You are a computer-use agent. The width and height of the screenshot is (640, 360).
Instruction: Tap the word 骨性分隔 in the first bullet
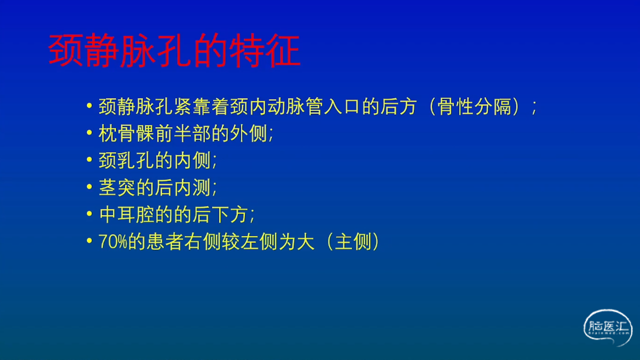[x=474, y=107]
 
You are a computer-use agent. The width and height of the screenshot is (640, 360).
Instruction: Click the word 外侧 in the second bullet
[x=248, y=133]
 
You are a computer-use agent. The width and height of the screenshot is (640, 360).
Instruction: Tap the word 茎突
[x=117, y=187]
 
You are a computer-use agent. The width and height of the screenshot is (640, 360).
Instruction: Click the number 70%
[x=113, y=241]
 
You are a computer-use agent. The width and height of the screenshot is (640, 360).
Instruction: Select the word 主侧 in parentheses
[x=353, y=241]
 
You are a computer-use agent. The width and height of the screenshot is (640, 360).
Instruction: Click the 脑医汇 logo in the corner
[x=607, y=327]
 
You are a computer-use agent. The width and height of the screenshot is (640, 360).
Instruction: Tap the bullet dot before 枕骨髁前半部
[x=89, y=132]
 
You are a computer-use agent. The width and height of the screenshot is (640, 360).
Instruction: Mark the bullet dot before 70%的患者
[x=89, y=240]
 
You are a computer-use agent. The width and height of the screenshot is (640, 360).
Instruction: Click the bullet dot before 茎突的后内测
[x=89, y=186]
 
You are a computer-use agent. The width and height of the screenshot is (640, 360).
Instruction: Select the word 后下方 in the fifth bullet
[x=220, y=214]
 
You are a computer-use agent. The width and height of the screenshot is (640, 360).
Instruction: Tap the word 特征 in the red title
[x=265, y=50]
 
